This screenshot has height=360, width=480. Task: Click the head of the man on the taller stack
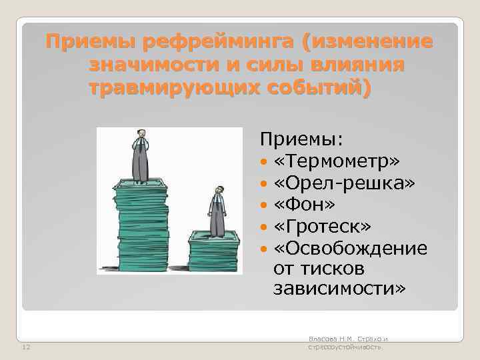click(140, 134)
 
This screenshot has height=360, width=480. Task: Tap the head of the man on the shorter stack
click(216, 190)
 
